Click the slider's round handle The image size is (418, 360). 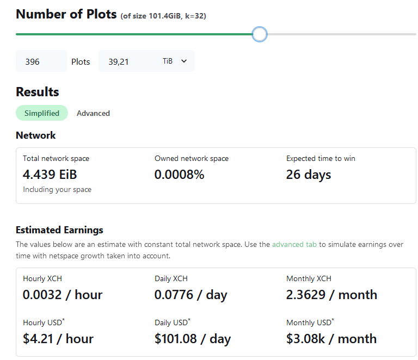[x=260, y=34]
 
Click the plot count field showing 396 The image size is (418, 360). [x=41, y=61]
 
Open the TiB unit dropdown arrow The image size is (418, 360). [x=184, y=61]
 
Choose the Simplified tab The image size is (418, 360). [x=42, y=113]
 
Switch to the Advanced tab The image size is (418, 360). [x=93, y=113]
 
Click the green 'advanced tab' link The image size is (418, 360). [x=294, y=245]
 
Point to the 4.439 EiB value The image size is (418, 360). [x=50, y=175]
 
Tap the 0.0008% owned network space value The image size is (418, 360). [x=180, y=175]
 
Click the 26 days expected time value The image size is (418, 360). [x=309, y=175]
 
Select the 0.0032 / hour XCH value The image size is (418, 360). [x=63, y=295]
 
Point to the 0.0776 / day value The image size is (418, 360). [x=190, y=295]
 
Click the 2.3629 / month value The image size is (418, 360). [x=331, y=295]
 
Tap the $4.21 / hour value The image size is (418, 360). [x=58, y=339]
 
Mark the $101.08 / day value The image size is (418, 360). [x=193, y=339]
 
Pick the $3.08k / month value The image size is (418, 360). [x=331, y=339]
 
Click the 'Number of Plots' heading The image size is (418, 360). [x=66, y=14]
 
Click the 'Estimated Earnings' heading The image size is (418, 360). [x=59, y=230]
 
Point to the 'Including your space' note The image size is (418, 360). [x=57, y=190]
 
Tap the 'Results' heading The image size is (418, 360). [x=38, y=92]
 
